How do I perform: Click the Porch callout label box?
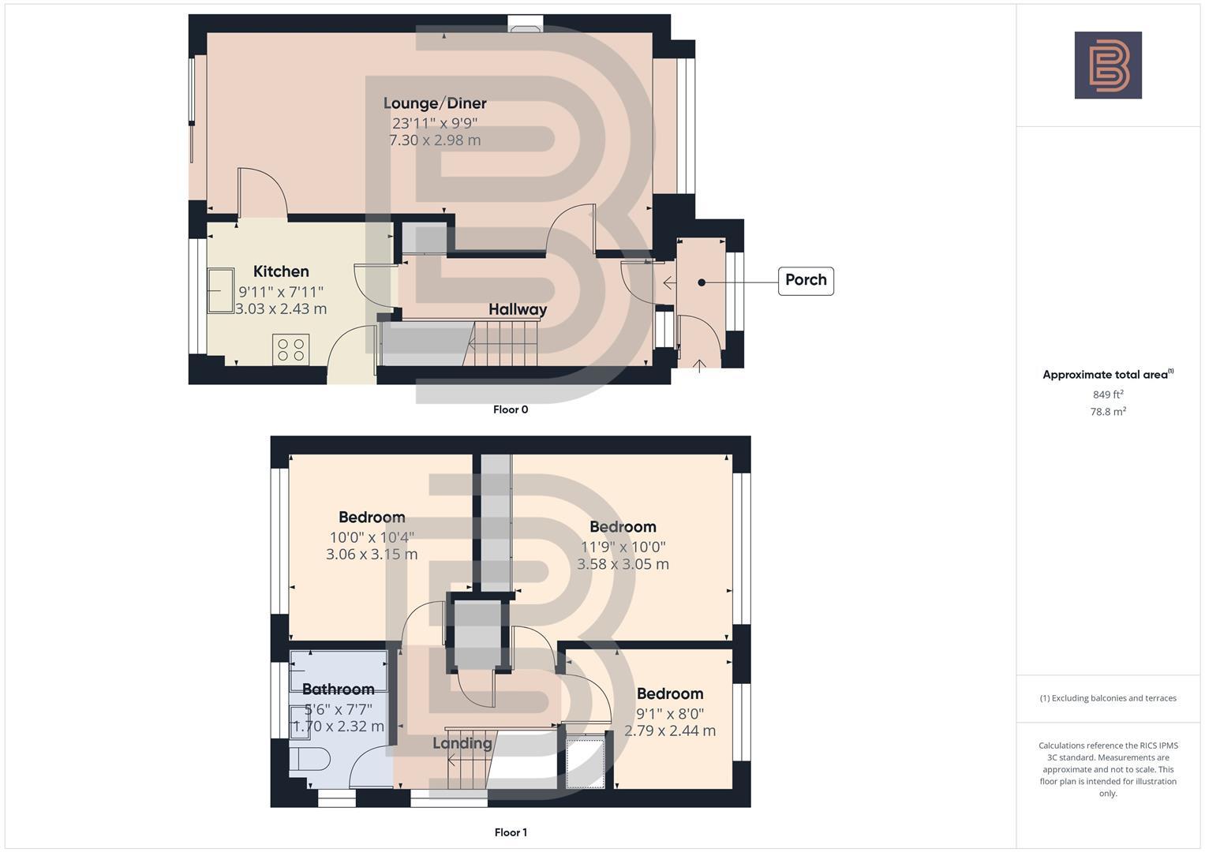806,281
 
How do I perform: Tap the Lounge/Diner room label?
435,103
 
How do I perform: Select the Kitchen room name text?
281,271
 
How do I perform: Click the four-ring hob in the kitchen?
290,349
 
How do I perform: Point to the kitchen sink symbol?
221,290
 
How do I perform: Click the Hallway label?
518,309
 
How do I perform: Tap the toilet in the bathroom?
309,760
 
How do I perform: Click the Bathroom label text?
338,689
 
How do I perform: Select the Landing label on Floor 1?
462,743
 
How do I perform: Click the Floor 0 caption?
511,409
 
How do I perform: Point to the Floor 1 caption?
511,832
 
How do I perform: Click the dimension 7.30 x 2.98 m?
435,140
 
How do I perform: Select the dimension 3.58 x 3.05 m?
623,564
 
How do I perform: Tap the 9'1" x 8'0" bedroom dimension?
670,713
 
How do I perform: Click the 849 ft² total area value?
1108,394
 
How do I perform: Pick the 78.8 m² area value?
1108,411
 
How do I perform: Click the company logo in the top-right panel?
1108,65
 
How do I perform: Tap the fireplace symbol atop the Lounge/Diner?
524,27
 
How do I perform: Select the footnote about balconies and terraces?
1108,698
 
